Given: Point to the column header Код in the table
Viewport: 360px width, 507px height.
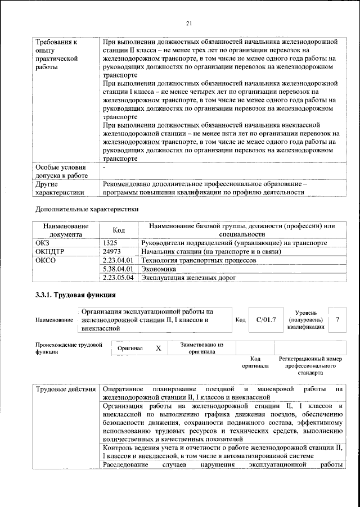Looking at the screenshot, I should (x=119, y=230).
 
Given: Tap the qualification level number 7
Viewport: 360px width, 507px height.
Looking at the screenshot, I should (x=337, y=319).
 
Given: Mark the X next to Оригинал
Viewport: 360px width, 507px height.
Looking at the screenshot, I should (x=158, y=348).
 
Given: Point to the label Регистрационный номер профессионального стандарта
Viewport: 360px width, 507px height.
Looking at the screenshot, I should (x=310, y=365).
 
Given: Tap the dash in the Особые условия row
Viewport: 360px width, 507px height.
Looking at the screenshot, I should (x=105, y=168).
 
